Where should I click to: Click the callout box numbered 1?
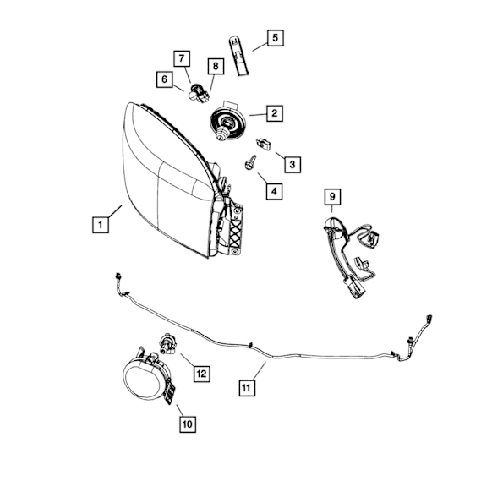click(101, 225)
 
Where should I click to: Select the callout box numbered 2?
click(275, 113)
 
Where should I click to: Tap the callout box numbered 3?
click(292, 164)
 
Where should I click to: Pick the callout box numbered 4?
click(274, 191)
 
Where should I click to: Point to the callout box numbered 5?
click(276, 38)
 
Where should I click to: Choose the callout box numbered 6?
click(165, 79)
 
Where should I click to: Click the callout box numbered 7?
click(182, 58)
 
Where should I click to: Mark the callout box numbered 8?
click(216, 66)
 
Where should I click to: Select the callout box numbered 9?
click(332, 197)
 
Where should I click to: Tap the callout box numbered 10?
click(188, 424)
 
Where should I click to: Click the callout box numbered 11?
click(247, 388)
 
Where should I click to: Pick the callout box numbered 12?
click(201, 374)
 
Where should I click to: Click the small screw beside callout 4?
click(250, 163)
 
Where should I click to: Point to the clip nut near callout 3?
click(264, 144)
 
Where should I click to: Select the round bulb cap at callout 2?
click(227, 123)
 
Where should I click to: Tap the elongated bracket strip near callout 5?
click(238, 57)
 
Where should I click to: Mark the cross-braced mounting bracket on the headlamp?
click(235, 230)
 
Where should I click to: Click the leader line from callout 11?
click(257, 371)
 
